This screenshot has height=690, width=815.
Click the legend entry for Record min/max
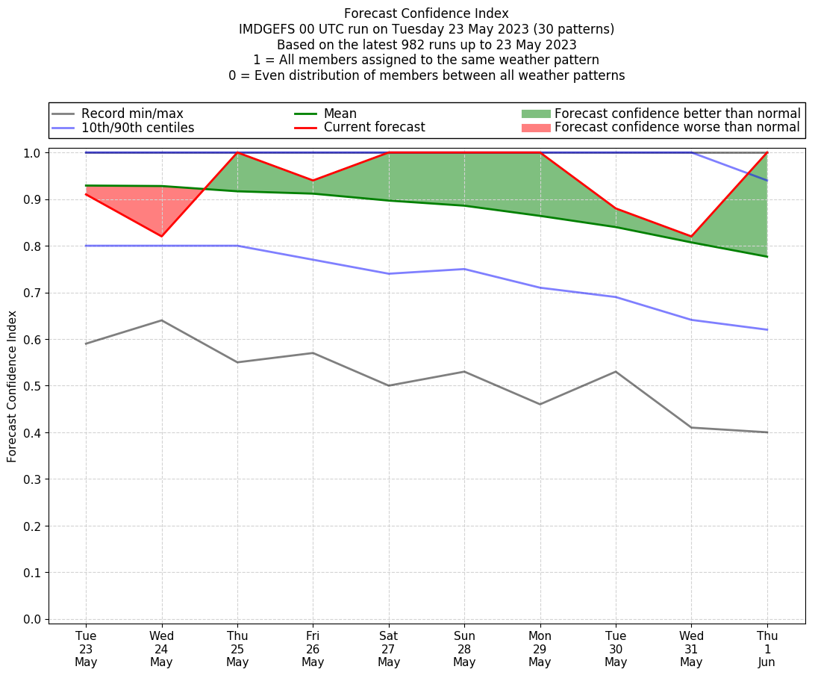point(132,114)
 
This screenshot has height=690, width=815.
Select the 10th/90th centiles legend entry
point(137,128)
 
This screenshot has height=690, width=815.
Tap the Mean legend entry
point(340,114)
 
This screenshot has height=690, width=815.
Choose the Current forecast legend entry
point(374,128)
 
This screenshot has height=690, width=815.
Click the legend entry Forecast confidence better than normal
point(677,114)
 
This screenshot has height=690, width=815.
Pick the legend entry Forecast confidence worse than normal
point(677,128)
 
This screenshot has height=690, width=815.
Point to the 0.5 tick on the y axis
point(33,386)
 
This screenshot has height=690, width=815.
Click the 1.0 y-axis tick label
point(33,153)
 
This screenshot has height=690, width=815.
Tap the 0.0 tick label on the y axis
point(33,620)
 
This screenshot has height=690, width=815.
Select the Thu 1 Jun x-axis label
point(767,649)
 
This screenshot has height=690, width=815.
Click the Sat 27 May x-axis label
point(389,649)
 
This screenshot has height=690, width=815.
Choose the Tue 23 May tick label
point(86,649)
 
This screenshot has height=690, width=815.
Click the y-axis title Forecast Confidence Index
point(13,387)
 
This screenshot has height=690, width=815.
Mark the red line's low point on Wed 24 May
point(161,237)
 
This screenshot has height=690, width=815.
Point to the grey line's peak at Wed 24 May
point(161,320)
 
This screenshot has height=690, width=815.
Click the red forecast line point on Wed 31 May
point(692,237)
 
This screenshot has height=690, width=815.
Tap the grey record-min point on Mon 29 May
point(540,404)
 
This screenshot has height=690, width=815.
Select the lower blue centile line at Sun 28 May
point(464,269)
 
